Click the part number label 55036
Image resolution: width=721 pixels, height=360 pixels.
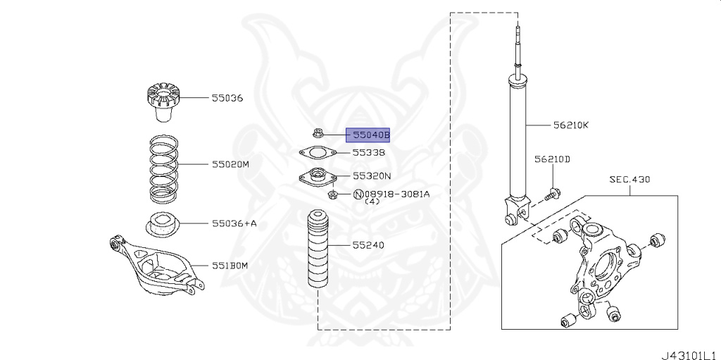coord(227,98)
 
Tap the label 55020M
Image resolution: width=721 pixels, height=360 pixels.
coord(231,165)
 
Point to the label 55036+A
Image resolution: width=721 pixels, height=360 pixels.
coord(234,223)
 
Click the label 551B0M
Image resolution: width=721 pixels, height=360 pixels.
coord(231,266)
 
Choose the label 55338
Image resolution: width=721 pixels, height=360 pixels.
coord(369,152)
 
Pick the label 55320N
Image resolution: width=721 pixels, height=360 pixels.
coord(372,177)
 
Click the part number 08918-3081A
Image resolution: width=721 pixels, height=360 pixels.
coord(397,194)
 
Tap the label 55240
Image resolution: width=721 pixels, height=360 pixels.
coord(369,245)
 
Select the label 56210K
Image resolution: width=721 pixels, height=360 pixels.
coord(570,126)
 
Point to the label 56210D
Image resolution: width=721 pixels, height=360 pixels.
coord(552,159)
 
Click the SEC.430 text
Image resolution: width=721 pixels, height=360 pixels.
coord(629,180)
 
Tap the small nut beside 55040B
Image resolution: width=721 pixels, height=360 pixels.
coord(319,131)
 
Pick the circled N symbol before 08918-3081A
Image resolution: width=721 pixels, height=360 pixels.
coord(358,194)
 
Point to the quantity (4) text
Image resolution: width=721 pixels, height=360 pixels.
coord(372,202)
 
